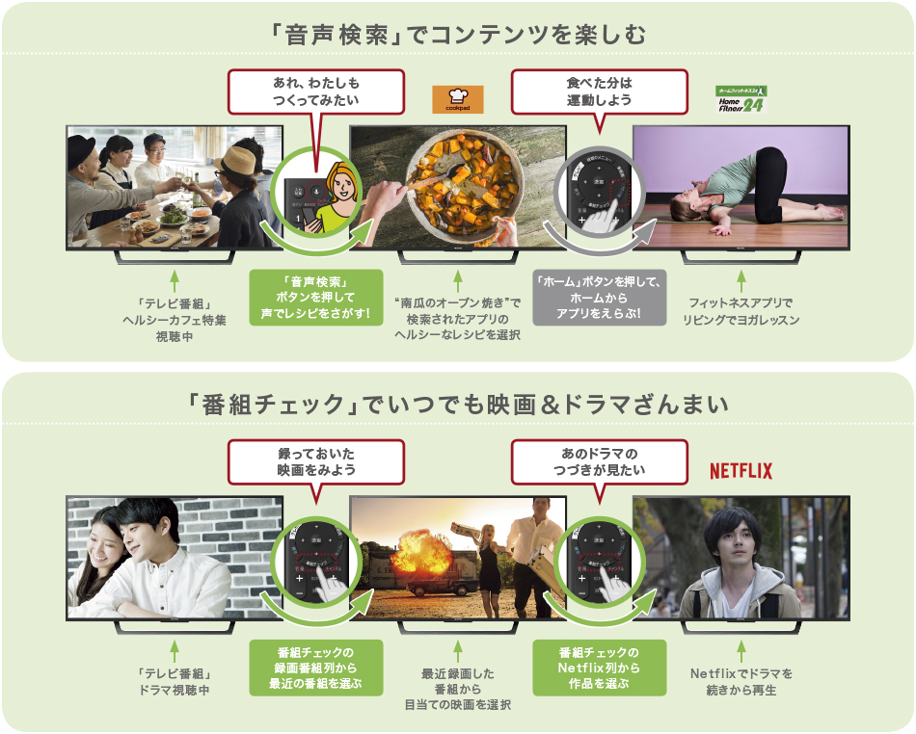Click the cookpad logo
457,99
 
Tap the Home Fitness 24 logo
741,98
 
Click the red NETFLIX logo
741,471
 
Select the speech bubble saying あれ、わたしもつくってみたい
317,90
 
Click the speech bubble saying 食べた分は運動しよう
600,90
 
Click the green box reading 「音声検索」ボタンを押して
314,296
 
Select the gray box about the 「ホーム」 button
599,296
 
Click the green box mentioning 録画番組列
314,668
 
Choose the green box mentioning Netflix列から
599,668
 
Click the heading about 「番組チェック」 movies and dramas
458,406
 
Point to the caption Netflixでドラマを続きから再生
741,682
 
